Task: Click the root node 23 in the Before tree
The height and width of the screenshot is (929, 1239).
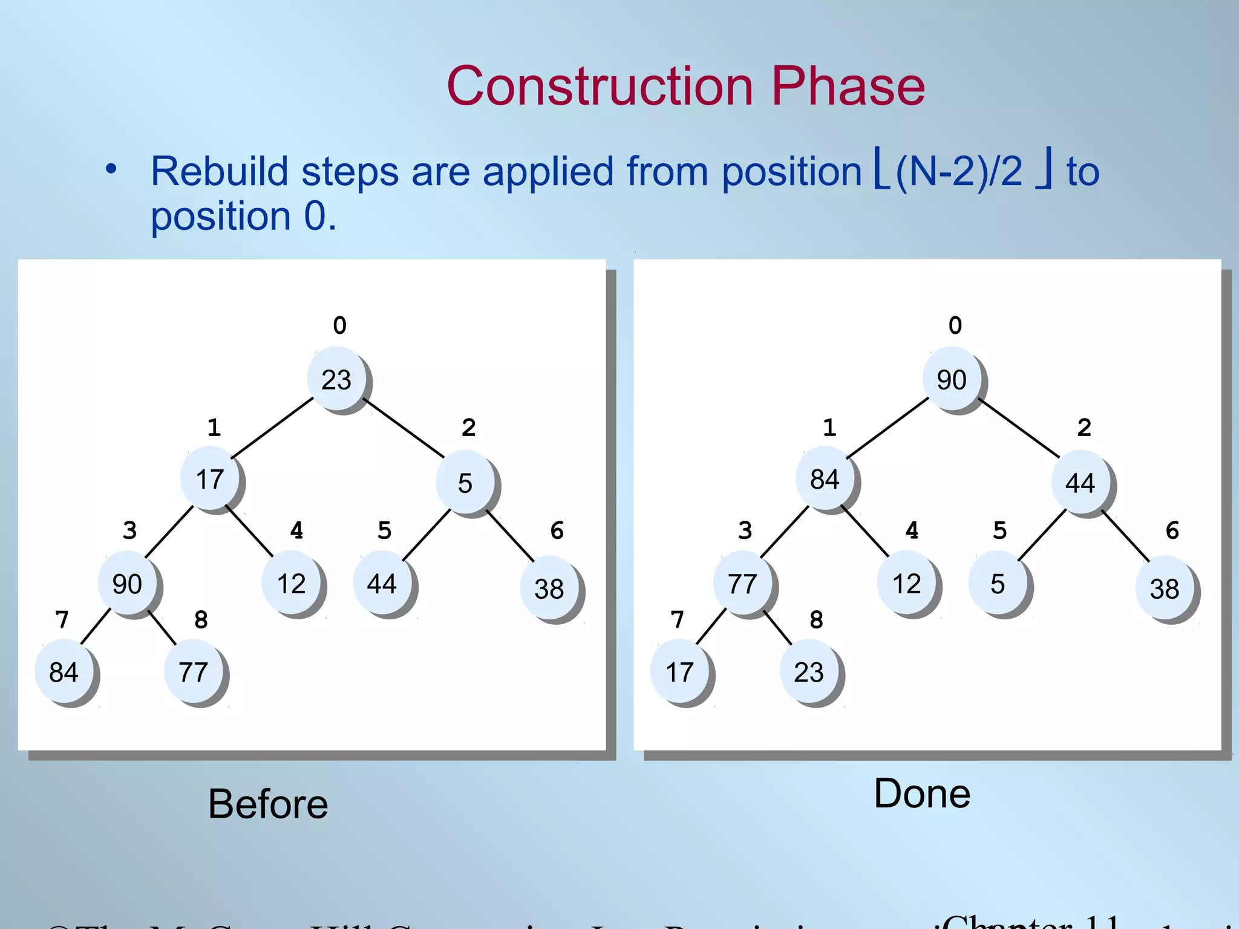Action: pyautogui.click(x=337, y=379)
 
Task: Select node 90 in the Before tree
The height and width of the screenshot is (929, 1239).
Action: pyautogui.click(x=128, y=584)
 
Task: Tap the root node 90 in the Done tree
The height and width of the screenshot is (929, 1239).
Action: pyautogui.click(x=952, y=379)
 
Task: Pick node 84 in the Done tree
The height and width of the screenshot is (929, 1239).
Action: pyautogui.click(x=825, y=480)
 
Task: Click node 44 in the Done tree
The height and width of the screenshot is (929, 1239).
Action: pyautogui.click(x=1080, y=483)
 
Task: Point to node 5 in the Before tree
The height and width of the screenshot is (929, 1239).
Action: pyautogui.click(x=465, y=483)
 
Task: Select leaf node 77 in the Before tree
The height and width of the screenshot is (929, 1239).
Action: pyautogui.click(x=194, y=672)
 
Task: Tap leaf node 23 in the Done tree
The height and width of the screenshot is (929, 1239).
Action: pyautogui.click(x=809, y=672)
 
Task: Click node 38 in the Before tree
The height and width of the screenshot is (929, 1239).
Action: pyautogui.click(x=549, y=588)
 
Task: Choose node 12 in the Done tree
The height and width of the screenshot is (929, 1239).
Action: pyautogui.click(x=907, y=584)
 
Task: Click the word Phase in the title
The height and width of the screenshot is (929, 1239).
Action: pyautogui.click(x=848, y=86)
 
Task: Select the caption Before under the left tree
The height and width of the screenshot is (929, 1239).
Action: pyautogui.click(x=268, y=804)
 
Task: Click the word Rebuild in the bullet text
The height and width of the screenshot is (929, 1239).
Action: pyautogui.click(x=220, y=171)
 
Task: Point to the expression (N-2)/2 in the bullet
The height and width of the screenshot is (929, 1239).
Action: pyautogui.click(x=959, y=171)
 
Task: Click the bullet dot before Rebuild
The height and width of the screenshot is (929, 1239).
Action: pyautogui.click(x=111, y=169)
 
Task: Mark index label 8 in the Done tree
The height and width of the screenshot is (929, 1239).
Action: pyautogui.click(x=816, y=619)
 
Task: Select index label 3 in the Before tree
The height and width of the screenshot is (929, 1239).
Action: pyautogui.click(x=129, y=530)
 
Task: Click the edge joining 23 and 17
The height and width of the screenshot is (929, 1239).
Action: pyautogui.click(x=272, y=428)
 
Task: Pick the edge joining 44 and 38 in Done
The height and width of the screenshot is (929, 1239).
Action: pyautogui.click(x=1125, y=535)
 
